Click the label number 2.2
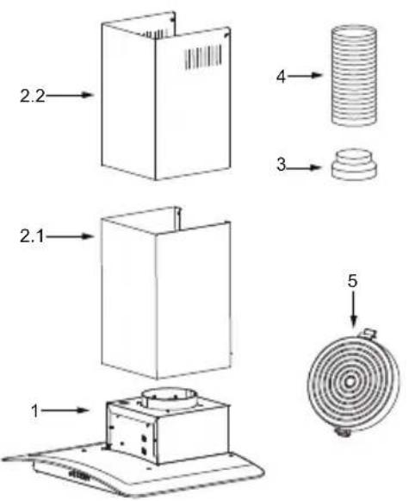point(33,96)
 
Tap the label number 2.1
point(32,237)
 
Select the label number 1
point(35,410)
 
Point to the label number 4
point(281,77)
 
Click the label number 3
point(281,165)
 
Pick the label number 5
point(352,281)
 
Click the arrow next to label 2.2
point(69,95)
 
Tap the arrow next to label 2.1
point(69,236)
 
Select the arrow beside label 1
point(65,410)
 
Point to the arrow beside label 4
point(305,75)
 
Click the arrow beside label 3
point(304,167)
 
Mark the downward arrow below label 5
point(353,309)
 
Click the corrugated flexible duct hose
point(354,75)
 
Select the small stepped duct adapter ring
point(354,164)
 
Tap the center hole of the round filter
point(350,381)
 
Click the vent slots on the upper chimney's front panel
point(203,57)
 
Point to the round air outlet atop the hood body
point(168,398)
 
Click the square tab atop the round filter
point(369,333)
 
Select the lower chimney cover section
point(166,293)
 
